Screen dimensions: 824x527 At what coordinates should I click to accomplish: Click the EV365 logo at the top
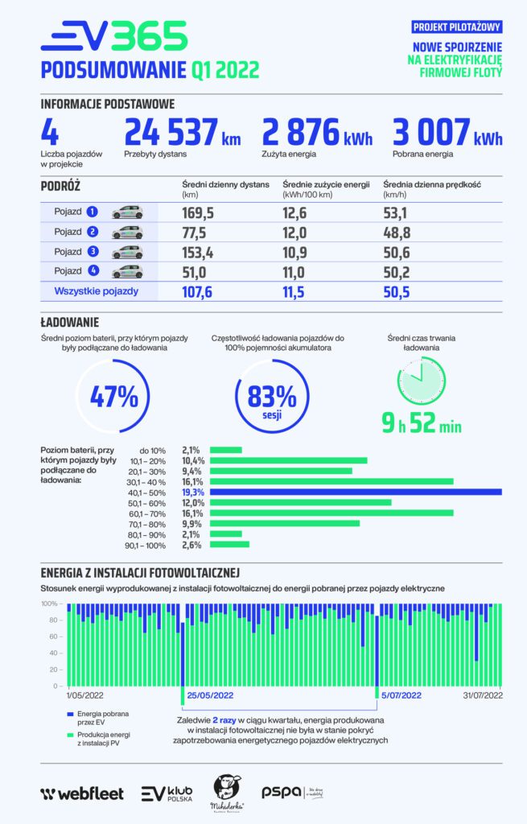pyautogui.click(x=113, y=37)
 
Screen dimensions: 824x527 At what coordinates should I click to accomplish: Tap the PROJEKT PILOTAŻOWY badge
pyautogui.click(x=458, y=27)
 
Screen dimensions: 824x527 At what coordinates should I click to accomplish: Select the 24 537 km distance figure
pyautogui.click(x=183, y=134)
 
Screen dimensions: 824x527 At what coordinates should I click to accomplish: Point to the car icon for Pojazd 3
pyautogui.click(x=127, y=252)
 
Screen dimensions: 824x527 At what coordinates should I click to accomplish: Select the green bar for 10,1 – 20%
pyautogui.click(x=289, y=460)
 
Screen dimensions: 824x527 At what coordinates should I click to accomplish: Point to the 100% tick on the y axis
pyautogui.click(x=49, y=604)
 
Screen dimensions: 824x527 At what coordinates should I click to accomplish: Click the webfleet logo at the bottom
pyautogui.click(x=82, y=793)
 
